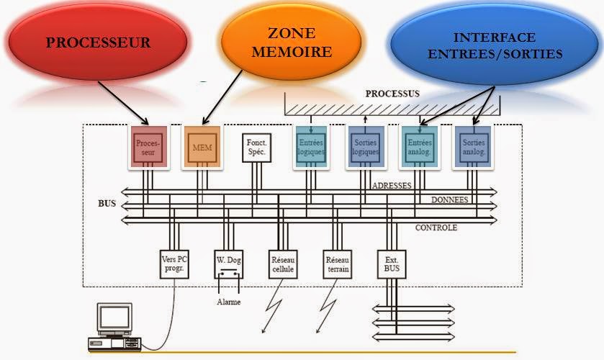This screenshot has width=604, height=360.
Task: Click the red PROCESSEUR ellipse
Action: pyautogui.click(x=98, y=42)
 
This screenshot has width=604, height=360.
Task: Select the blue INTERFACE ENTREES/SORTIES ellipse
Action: pyautogui.click(x=494, y=45)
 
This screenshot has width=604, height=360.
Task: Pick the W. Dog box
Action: pyautogui.click(x=229, y=264)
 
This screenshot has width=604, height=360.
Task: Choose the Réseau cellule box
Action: pyautogui.click(x=283, y=264)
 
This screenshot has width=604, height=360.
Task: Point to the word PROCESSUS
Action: pyautogui.click(x=392, y=94)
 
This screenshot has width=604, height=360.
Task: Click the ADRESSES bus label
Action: pyautogui.click(x=392, y=185)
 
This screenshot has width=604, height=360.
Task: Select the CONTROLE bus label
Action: pyautogui.click(x=436, y=228)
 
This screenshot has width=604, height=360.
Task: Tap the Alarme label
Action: pyautogui.click(x=229, y=302)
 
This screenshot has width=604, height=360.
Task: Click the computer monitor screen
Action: pyautogui.click(x=114, y=318)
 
